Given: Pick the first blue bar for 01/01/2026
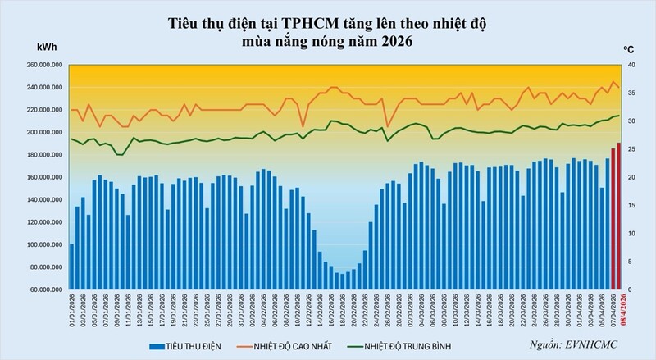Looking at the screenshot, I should click(x=72, y=267).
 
